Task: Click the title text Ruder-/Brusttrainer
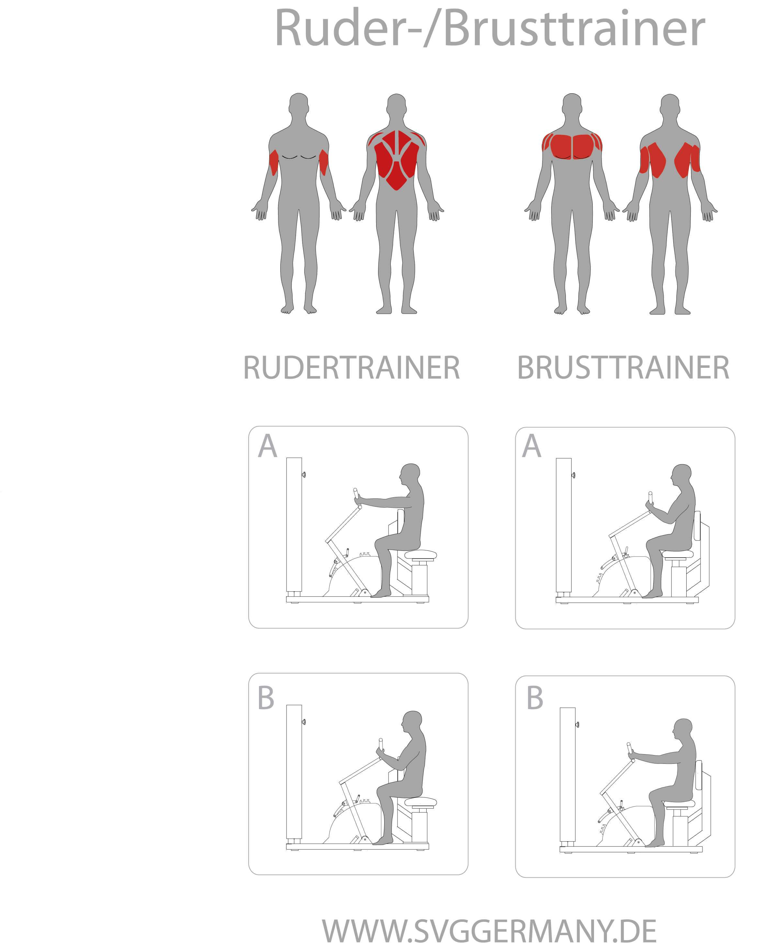click(x=490, y=28)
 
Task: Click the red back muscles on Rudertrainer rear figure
click(x=396, y=160)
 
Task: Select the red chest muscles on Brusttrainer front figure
click(x=572, y=146)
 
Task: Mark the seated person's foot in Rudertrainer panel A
click(x=381, y=594)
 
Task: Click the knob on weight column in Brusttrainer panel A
click(x=574, y=476)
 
